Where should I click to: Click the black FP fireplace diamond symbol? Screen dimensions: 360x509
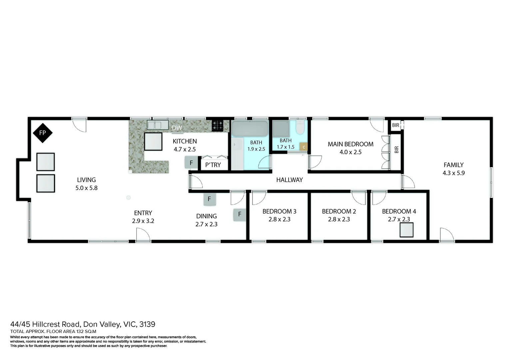click(x=42, y=133)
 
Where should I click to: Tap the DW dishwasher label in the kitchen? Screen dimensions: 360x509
click(x=177, y=128)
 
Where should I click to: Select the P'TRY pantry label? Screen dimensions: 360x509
click(x=213, y=165)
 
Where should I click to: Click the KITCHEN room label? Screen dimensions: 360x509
click(x=185, y=141)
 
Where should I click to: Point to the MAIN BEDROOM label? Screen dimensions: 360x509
click(x=350, y=144)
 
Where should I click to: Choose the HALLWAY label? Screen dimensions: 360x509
click(x=289, y=180)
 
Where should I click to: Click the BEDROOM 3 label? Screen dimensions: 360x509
click(x=279, y=211)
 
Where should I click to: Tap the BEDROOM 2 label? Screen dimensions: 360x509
click(x=339, y=211)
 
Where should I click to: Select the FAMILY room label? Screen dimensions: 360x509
click(x=453, y=165)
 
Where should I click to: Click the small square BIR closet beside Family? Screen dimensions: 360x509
click(x=396, y=125)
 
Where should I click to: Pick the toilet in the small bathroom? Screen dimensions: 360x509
click(x=300, y=127)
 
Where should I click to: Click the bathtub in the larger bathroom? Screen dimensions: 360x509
click(x=250, y=128)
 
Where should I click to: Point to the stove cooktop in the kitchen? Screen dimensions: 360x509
click(x=218, y=125)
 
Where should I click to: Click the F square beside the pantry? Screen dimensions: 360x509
click(x=191, y=163)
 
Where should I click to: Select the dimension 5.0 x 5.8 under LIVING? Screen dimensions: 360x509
click(x=86, y=188)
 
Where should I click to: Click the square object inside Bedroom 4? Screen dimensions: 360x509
click(x=406, y=230)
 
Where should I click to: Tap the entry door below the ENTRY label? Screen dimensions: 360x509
click(x=143, y=235)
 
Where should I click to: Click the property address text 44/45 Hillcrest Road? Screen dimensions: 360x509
click(x=83, y=324)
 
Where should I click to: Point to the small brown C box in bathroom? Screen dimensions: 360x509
click(x=303, y=147)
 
